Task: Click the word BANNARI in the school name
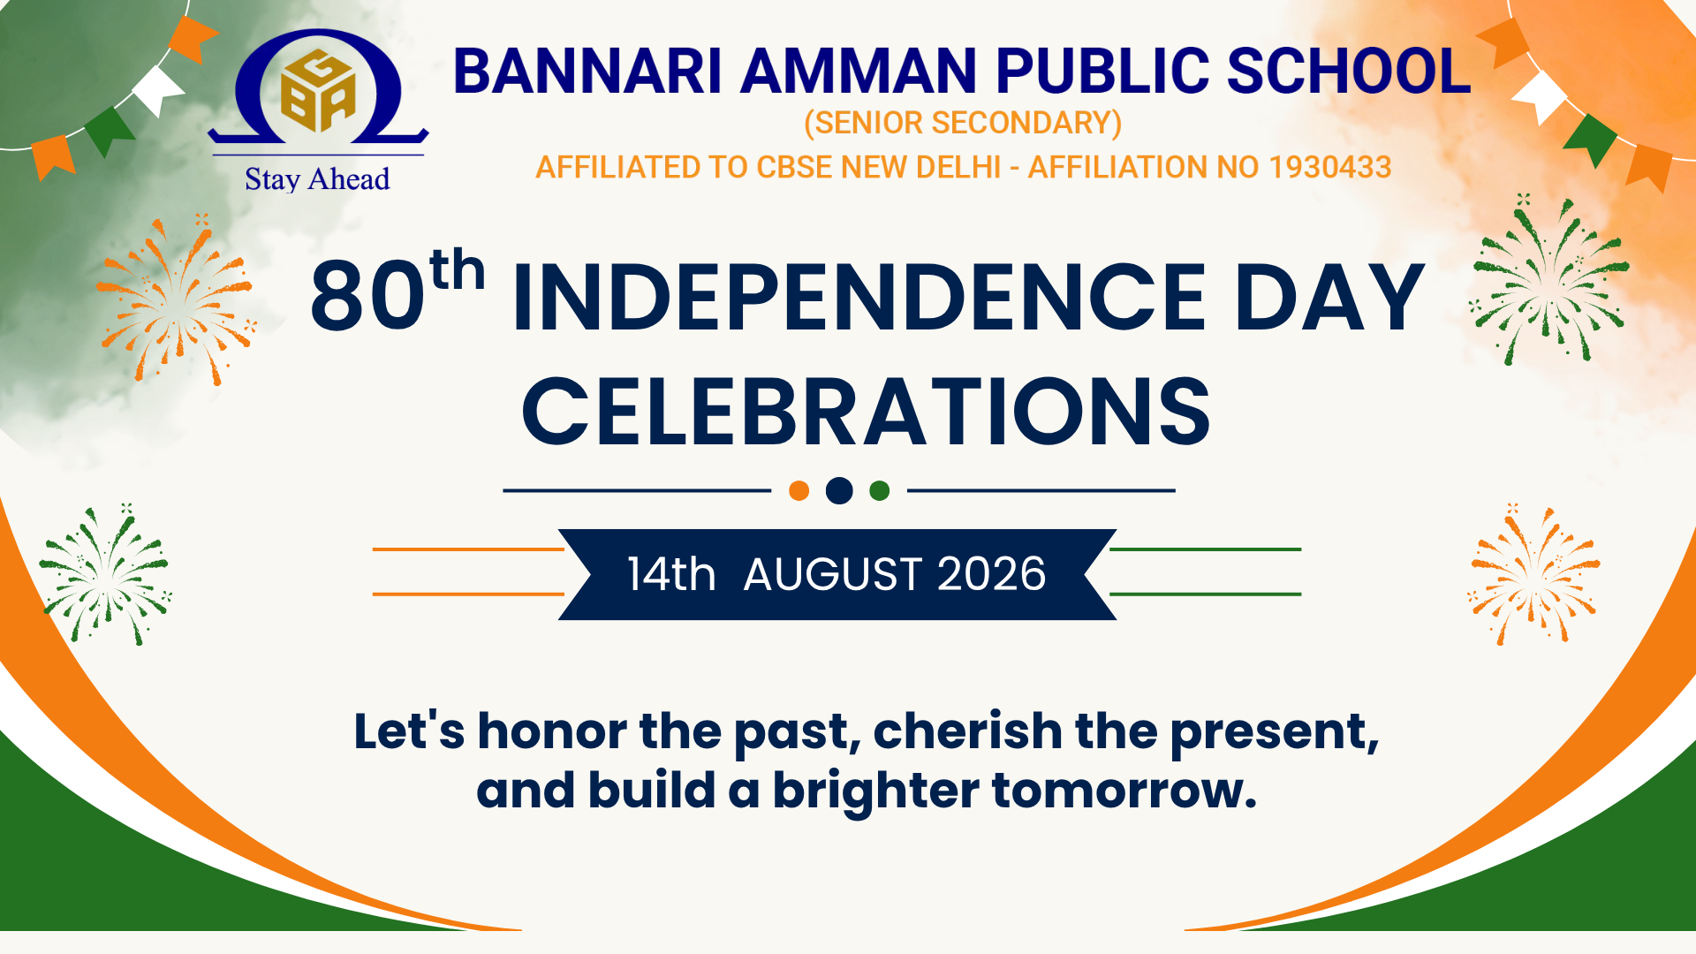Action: [x=587, y=71]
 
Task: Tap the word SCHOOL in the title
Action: [x=1349, y=71]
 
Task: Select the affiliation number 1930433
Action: [x=1329, y=167]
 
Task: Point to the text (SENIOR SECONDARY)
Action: [x=963, y=123]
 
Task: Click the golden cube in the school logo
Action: [x=318, y=90]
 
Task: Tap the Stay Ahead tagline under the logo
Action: [x=317, y=179]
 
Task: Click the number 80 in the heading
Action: [x=367, y=296]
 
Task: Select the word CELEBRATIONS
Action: [x=866, y=412]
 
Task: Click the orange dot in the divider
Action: [x=799, y=490]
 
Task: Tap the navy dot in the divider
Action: [x=839, y=490]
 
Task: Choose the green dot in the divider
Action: [x=880, y=490]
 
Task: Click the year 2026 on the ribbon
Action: [x=991, y=574]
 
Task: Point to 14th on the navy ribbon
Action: [x=671, y=574]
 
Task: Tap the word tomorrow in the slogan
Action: [x=1124, y=790]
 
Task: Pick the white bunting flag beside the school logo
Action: [x=158, y=90]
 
